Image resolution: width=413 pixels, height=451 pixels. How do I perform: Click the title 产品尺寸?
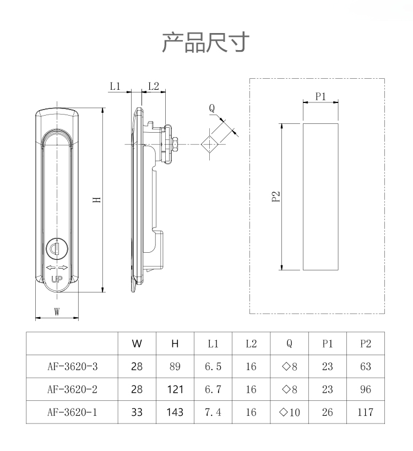206,42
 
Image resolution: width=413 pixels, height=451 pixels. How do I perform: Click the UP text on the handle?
57,279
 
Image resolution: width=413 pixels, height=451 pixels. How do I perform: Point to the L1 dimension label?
115,86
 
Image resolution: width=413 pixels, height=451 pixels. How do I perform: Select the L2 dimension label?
153,86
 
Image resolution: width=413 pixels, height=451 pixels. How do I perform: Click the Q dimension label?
211,108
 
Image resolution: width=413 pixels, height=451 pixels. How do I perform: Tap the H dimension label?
96,199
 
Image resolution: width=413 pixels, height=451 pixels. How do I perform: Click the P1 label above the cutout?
320,96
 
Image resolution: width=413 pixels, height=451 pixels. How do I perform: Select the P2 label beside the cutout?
276,197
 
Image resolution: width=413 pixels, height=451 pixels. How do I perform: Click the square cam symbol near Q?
209,144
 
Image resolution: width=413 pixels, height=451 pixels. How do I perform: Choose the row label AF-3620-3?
72,367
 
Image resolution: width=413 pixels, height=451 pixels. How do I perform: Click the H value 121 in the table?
175,389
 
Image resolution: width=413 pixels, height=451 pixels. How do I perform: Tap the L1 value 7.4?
213,412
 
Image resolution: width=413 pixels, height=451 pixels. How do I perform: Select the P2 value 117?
365,412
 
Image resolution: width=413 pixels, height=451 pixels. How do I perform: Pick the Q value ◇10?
289,412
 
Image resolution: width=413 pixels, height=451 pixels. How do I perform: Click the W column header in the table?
137,344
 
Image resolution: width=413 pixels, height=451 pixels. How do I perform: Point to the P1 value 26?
328,412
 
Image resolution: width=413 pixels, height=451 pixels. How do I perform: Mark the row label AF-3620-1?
72,412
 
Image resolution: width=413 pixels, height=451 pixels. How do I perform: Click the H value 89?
175,367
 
